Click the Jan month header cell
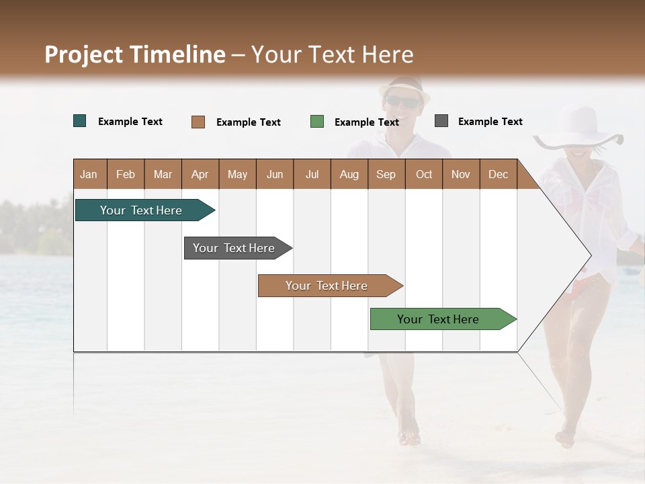click(x=89, y=174)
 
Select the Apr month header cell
click(x=200, y=174)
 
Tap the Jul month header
click(x=312, y=174)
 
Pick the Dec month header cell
click(x=498, y=174)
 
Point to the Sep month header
click(x=386, y=174)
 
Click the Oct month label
click(x=424, y=174)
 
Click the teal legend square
click(x=80, y=121)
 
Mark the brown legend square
click(x=198, y=122)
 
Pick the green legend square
click(x=317, y=122)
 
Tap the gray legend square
click(x=441, y=121)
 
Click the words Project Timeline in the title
click(x=134, y=54)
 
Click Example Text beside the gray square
click(x=490, y=122)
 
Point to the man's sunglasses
click(x=403, y=102)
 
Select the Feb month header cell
click(x=126, y=174)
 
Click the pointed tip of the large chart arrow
click(x=590, y=255)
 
